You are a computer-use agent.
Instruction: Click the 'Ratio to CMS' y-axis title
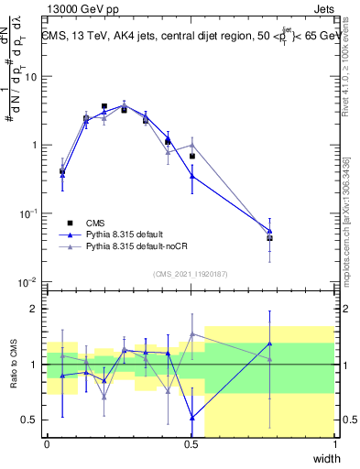point(13,364)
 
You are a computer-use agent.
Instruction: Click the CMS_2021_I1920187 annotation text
point(190,274)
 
